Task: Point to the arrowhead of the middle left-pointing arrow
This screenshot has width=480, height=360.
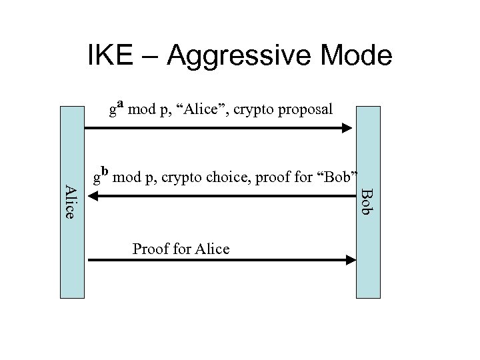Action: (94, 195)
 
